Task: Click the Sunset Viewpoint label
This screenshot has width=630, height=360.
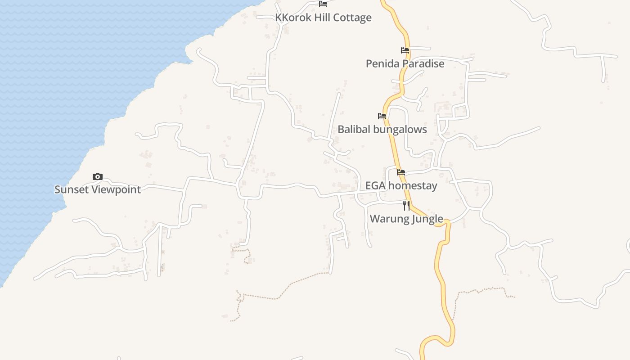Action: [98, 189]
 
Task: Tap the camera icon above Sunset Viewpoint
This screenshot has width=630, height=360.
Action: [98, 177]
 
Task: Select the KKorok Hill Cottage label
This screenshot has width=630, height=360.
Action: [323, 18]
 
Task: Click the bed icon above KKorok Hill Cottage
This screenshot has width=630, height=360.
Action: [323, 4]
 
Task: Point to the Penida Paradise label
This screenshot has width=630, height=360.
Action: [405, 63]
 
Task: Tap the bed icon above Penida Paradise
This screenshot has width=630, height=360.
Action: [405, 50]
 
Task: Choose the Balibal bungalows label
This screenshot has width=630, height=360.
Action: [382, 129]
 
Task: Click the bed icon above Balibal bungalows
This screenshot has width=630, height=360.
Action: [382, 116]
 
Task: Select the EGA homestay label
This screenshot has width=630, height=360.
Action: [401, 185]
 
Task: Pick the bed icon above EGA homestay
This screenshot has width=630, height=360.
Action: [401, 172]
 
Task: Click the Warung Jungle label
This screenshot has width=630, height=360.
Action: [406, 219]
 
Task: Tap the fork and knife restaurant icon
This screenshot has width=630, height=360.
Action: [406, 206]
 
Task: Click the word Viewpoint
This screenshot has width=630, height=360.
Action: [116, 189]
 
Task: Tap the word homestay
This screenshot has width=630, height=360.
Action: [413, 185]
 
